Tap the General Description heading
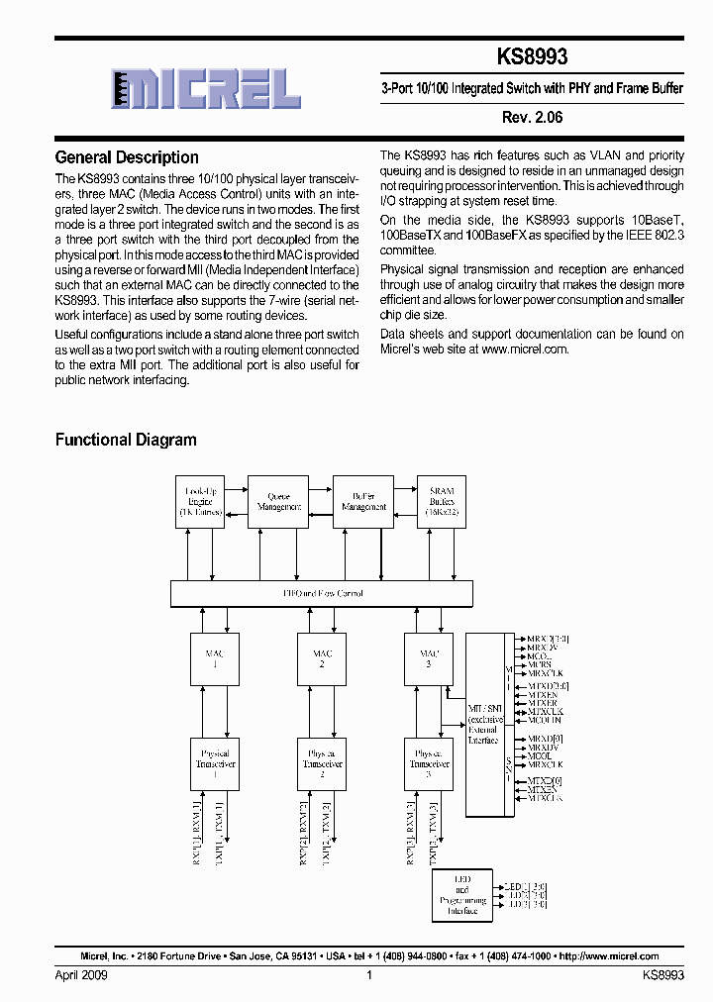(x=127, y=157)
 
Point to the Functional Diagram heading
(x=126, y=440)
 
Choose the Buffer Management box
(x=363, y=501)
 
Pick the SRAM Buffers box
(x=443, y=501)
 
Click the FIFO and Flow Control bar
(x=323, y=594)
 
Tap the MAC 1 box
(x=215, y=658)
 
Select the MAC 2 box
(x=322, y=658)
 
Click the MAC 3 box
(x=429, y=658)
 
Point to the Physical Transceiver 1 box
(x=215, y=763)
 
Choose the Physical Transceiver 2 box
(x=322, y=763)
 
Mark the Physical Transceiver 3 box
(x=429, y=763)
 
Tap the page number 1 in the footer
(x=368, y=975)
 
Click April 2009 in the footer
(x=81, y=975)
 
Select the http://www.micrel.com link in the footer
(x=609, y=956)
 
